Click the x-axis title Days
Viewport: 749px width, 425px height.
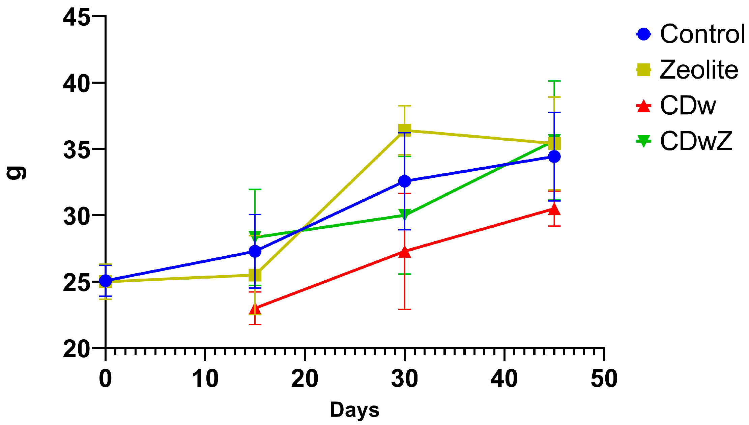[354, 410]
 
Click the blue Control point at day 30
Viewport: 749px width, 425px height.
[405, 181]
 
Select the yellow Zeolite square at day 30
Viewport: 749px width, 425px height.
[405, 130]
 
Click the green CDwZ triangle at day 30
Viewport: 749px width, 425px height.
[405, 215]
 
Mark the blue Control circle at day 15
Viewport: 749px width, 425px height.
[255, 251]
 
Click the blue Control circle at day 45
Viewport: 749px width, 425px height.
[554, 157]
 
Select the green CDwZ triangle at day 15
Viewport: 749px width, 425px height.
[255, 236]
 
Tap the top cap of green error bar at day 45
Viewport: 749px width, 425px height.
[554, 81]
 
